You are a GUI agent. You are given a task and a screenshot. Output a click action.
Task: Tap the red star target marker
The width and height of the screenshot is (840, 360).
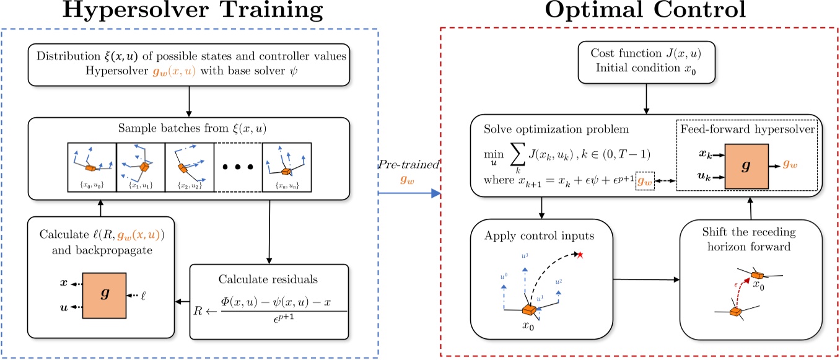(x=580, y=255)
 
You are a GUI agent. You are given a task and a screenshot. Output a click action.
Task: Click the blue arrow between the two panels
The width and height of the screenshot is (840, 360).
(x=409, y=193)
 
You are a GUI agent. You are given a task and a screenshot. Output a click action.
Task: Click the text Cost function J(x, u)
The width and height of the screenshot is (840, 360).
(x=647, y=54)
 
